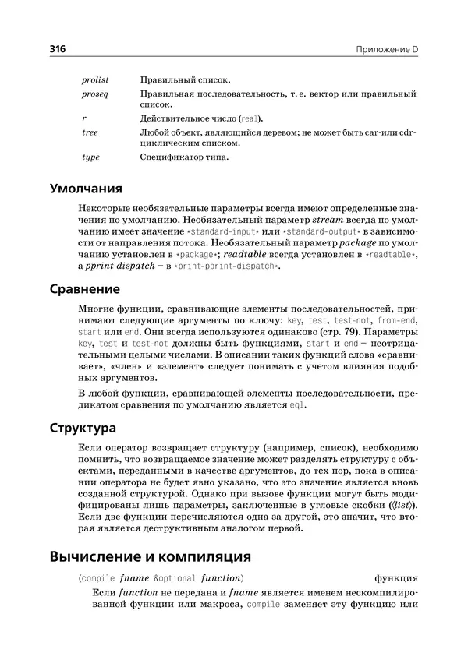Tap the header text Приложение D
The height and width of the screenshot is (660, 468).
pyautogui.click(x=387, y=49)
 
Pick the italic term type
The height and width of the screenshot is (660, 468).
pyautogui.click(x=90, y=157)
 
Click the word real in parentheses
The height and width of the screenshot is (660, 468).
pyautogui.click(x=250, y=119)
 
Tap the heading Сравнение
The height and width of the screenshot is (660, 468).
pyautogui.click(x=85, y=289)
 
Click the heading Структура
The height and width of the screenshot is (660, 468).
pyautogui.click(x=83, y=429)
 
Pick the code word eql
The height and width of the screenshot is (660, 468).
pyautogui.click(x=297, y=405)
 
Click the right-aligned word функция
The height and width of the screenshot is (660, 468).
pyautogui.click(x=395, y=579)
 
